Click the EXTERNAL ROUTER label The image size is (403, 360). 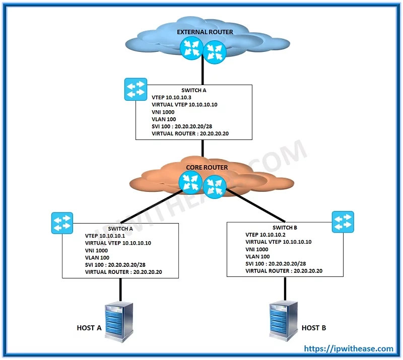coord(205,32)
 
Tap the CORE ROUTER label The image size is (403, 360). coord(207,168)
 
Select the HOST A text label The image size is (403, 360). coord(89,328)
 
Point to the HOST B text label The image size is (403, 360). coord(314,328)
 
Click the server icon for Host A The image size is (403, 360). coord(119,322)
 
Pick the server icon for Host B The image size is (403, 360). coord(284,321)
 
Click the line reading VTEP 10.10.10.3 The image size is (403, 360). coord(171,97)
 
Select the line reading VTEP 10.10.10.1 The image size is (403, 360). coord(105,236)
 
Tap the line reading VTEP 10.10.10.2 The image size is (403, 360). coord(265,235)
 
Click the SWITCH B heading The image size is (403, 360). coord(285,228)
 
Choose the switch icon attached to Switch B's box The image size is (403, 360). coord(343,222)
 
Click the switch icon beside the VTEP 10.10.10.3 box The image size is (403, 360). coord(136,90)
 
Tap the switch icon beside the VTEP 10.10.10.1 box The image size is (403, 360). coord(62,223)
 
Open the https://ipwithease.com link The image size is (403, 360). coord(349,349)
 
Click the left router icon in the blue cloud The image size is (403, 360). coord(191,48)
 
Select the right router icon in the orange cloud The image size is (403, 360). coord(215,187)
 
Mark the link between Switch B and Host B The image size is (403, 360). coord(285,289)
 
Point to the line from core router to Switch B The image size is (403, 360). coord(256,205)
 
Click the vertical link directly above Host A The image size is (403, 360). coord(120,290)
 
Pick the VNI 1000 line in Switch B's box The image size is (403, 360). coord(257,250)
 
